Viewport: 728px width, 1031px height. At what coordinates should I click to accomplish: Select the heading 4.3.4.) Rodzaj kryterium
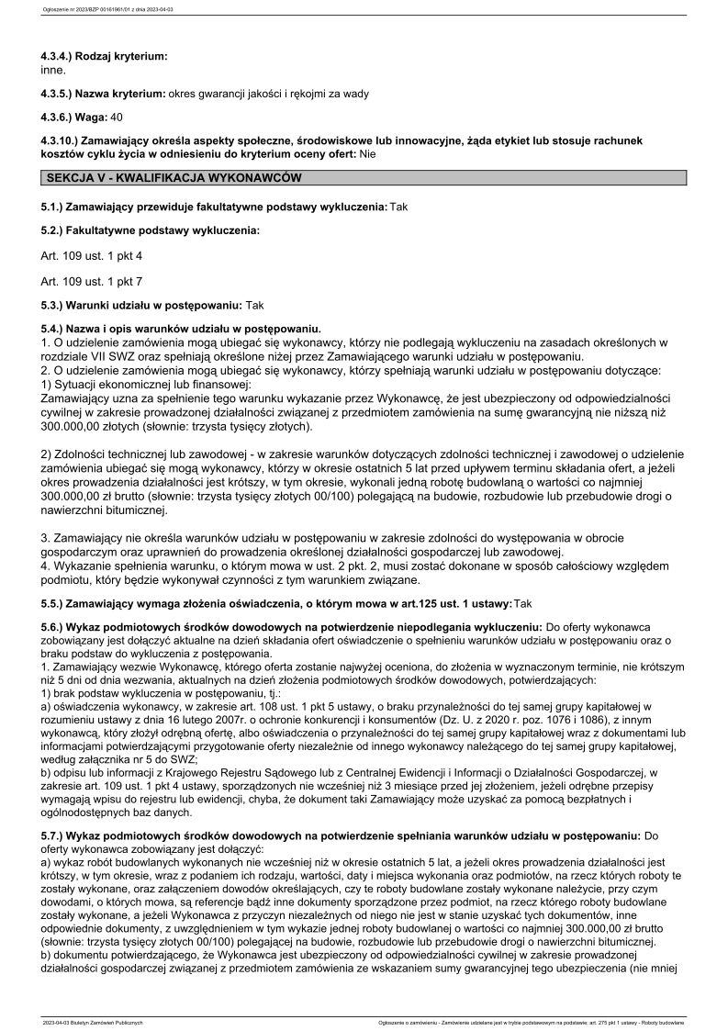[104, 57]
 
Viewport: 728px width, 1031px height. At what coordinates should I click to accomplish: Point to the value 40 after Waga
[116, 117]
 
